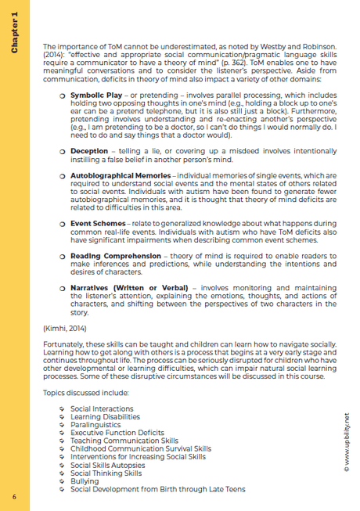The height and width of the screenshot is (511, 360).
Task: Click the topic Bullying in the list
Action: click(85, 481)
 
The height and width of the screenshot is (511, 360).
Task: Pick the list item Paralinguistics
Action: click(95, 423)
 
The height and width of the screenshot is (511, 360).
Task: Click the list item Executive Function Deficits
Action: click(117, 432)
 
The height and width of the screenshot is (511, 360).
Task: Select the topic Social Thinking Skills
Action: click(106, 473)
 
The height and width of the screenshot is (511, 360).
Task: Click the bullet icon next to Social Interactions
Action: click(63, 408)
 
